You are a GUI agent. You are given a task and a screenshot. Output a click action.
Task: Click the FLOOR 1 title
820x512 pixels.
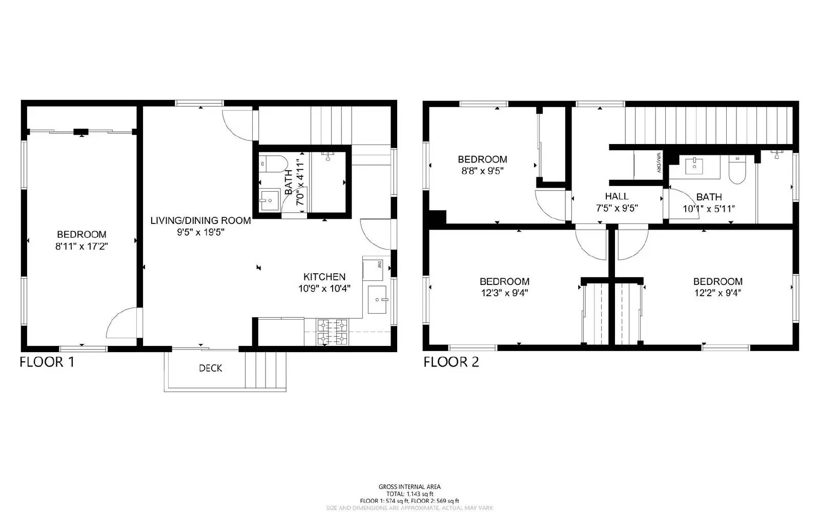coord(47,362)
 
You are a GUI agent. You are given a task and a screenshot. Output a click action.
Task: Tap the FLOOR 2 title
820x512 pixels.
coord(451,362)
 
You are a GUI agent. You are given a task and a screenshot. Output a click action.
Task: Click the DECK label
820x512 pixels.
coord(211,368)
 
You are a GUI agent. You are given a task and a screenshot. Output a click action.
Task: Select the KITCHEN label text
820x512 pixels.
coord(324,277)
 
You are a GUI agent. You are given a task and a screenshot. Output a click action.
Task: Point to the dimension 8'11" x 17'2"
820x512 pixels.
coord(81,247)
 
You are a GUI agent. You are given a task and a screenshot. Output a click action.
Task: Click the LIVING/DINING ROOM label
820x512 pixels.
coord(200,221)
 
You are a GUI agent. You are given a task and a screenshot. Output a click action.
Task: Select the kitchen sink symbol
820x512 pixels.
coord(378,300)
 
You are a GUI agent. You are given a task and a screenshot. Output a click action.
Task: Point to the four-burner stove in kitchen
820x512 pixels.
coord(333,331)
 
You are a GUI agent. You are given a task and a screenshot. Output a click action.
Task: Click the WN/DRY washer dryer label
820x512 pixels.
coord(658,162)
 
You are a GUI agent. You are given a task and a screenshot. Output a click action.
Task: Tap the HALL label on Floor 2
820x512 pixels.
coord(617,196)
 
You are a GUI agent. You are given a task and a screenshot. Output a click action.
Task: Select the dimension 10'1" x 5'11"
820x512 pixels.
coord(709,209)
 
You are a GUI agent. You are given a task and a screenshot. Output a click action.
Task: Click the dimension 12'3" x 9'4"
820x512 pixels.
coord(504,293)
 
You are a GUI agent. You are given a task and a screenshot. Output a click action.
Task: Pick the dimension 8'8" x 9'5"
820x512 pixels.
coord(482,171)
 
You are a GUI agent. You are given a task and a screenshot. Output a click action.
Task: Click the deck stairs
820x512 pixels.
coord(265,370)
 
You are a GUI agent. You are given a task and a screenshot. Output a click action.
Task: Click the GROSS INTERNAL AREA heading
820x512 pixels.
coord(409,487)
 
